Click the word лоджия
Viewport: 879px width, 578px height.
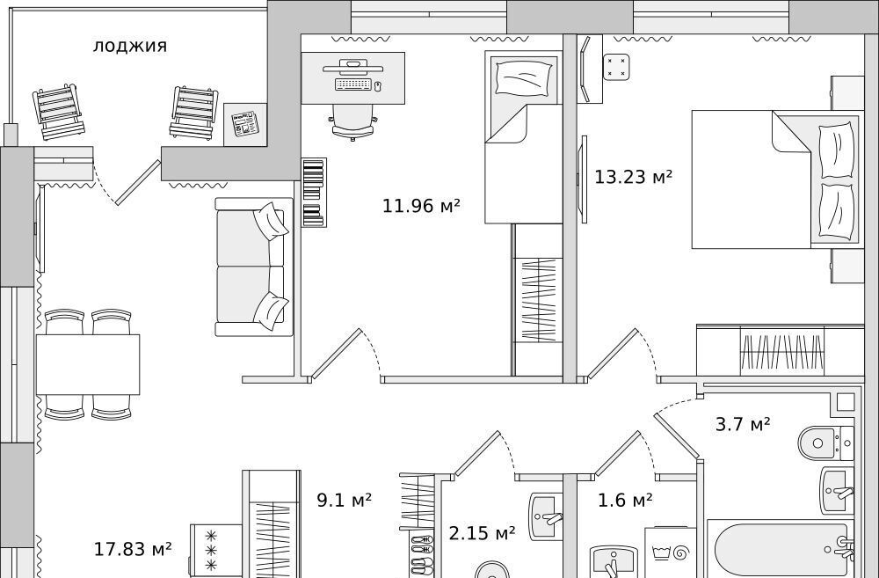(x=129, y=46)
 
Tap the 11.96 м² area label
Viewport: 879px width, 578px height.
(x=421, y=206)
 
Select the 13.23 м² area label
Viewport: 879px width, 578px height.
(x=633, y=178)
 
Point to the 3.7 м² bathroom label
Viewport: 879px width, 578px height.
(x=743, y=424)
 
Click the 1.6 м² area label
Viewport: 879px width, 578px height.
(x=625, y=500)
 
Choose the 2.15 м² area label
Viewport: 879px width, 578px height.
(x=482, y=533)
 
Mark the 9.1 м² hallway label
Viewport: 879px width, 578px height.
(x=345, y=500)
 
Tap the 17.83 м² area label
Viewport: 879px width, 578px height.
(x=133, y=549)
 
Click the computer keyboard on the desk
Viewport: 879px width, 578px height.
(x=353, y=84)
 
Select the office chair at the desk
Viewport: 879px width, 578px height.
(x=352, y=121)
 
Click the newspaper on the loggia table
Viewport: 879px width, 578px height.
(x=245, y=124)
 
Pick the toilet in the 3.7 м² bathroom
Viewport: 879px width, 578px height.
(x=825, y=443)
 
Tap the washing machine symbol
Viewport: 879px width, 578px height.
(x=671, y=552)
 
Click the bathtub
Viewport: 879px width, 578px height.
(x=781, y=550)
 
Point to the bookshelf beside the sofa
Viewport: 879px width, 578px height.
(x=314, y=193)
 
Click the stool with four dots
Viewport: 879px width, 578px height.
(x=616, y=67)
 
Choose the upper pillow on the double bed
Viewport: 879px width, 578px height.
(x=837, y=151)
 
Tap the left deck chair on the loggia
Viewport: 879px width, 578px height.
(x=58, y=113)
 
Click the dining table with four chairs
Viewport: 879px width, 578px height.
(x=88, y=365)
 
